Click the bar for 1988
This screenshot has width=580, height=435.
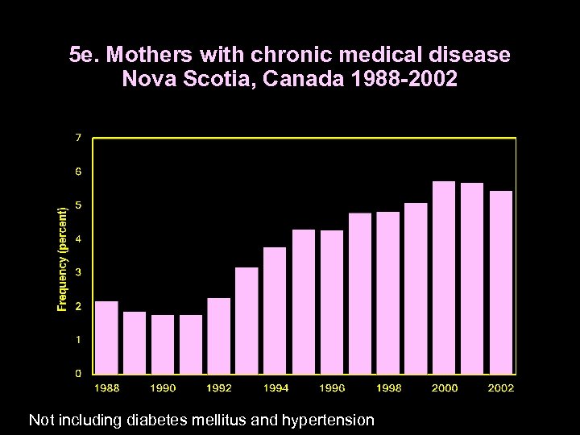tap(107, 338)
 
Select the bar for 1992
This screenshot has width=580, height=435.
tap(219, 336)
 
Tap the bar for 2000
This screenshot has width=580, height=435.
tap(444, 278)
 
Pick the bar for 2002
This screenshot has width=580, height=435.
tap(500, 283)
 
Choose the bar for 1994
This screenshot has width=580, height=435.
tap(275, 311)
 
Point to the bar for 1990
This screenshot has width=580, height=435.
tap(163, 344)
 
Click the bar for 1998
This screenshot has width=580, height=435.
tap(387, 293)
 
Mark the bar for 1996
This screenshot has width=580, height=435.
tap(332, 302)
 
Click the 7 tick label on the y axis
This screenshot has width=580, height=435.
tap(78, 139)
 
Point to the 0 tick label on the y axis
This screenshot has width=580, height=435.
tap(78, 374)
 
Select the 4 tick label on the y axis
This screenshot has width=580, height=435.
tap(78, 239)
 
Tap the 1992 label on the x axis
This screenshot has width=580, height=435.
tap(219, 388)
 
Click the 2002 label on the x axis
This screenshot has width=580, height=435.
tap(500, 388)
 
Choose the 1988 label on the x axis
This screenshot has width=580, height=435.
tap(107, 388)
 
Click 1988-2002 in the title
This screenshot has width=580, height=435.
tap(390, 80)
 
